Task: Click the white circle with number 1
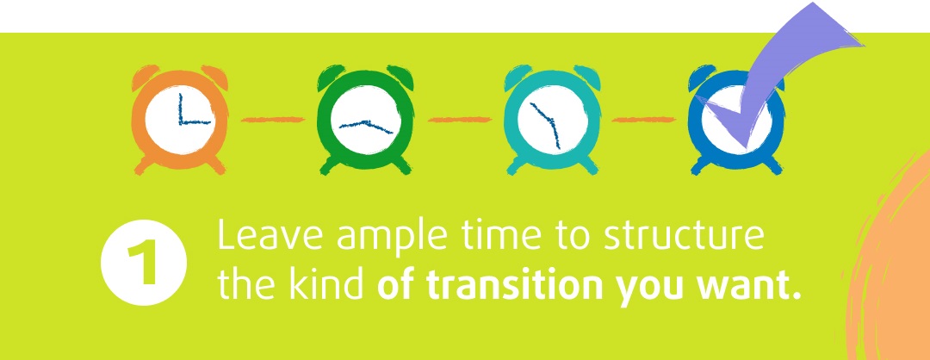(144, 262)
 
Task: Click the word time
(502, 235)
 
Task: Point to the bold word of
(397, 283)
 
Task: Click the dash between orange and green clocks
(273, 120)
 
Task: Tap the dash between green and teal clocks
(460, 120)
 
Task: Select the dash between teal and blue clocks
(643, 120)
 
